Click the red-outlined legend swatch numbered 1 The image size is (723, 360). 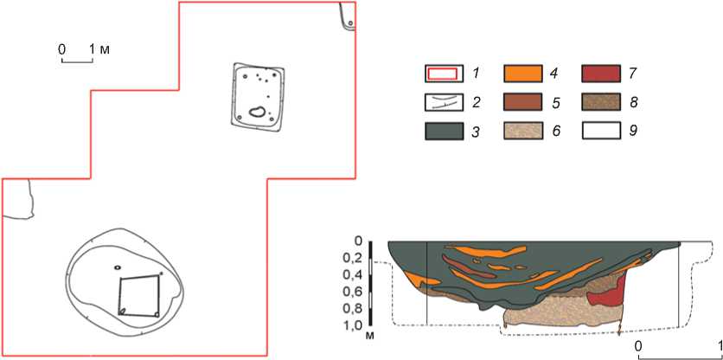coord(444,74)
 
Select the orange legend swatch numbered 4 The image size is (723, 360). coord(522,74)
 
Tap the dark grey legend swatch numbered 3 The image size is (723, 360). coord(444,131)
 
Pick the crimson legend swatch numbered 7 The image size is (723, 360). coord(600,74)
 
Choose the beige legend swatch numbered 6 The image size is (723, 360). coord(522,131)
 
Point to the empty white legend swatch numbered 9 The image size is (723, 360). coord(600,131)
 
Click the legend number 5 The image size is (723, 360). coord(556,103)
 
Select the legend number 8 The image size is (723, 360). coord(634,103)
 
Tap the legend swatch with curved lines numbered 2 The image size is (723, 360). coord(444,102)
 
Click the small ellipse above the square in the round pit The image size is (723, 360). coord(118,267)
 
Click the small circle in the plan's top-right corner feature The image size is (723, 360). coord(350,22)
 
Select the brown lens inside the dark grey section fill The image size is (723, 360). coord(469,267)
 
